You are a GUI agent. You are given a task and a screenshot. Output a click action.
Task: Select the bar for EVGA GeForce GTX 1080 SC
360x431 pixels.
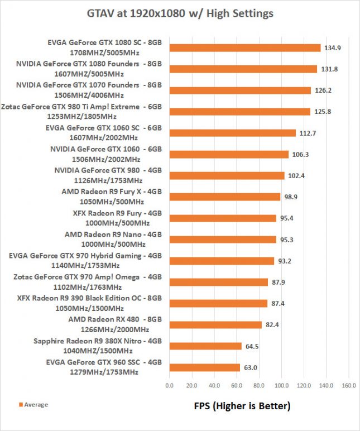point(244,48)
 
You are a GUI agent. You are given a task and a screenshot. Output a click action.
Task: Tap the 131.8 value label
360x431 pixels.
point(328,69)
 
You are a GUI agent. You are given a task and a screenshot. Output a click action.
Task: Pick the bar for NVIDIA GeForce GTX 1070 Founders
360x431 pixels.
point(239,90)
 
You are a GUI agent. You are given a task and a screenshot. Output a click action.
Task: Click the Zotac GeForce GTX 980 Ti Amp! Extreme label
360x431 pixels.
point(82,111)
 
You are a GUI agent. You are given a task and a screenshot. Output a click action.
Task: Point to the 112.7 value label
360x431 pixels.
point(306,133)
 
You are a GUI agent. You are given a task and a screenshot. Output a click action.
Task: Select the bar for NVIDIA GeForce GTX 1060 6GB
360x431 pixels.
point(228,154)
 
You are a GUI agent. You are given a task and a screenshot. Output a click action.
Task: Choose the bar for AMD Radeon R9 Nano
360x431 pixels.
point(222,240)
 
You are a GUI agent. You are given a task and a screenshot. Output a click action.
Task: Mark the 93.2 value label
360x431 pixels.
point(285,261)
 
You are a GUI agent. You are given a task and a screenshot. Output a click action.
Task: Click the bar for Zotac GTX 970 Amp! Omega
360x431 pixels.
point(218,282)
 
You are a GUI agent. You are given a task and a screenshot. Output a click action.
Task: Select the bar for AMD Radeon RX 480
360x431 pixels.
point(215,325)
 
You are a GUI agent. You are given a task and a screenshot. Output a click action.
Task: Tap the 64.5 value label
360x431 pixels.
point(252,346)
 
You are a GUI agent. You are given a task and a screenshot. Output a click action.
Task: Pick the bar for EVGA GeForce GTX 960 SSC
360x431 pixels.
point(204,367)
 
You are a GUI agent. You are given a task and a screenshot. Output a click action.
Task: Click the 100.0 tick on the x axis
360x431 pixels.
point(281,385)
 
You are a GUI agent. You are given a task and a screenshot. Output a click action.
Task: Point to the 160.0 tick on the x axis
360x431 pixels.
point(349,385)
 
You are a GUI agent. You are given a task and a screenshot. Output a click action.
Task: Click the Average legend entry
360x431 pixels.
point(34,405)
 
